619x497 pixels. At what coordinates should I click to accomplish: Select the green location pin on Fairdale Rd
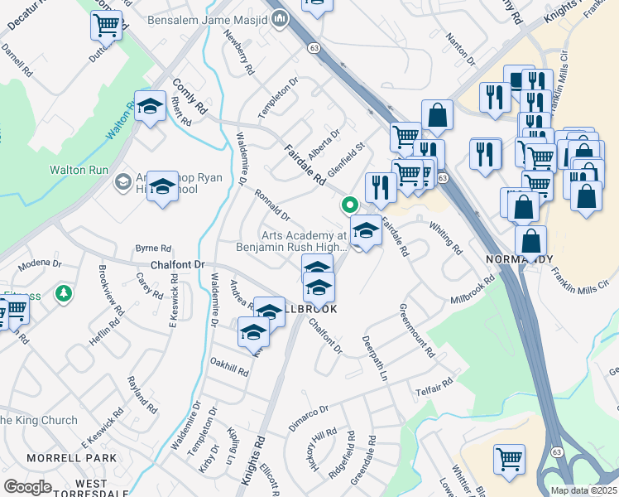(350, 204)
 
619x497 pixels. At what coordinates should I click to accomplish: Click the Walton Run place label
(79, 169)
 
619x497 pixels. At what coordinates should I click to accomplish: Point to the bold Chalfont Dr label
(177, 265)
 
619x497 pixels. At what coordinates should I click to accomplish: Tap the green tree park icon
(63, 293)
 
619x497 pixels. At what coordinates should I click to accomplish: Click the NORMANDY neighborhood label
(519, 259)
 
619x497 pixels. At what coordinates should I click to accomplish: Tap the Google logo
(27, 486)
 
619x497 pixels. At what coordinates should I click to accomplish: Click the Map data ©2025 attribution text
(583, 490)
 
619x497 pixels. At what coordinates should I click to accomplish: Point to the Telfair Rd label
(435, 386)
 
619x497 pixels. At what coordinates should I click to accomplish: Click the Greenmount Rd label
(417, 330)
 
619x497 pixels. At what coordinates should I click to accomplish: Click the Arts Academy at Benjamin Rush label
(303, 241)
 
